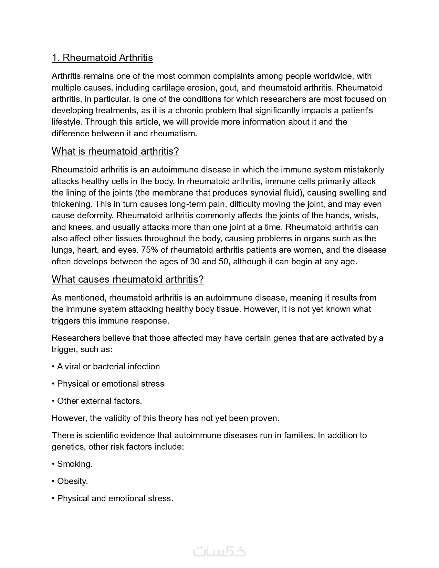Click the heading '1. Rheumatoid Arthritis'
tap(102, 57)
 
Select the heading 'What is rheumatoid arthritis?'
tap(115, 151)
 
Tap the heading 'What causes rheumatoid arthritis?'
tap(128, 279)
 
